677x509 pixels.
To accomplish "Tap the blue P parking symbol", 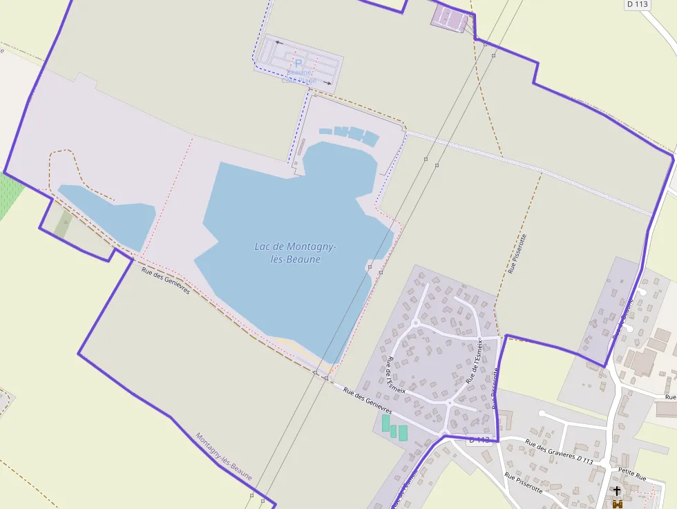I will pos(298,63).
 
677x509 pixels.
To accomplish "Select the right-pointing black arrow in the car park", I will pos(327,84).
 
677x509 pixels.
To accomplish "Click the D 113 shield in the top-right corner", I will pos(638,4).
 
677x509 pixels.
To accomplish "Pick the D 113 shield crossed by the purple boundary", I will pos(479,440).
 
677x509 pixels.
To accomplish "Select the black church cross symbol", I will pos(617,491).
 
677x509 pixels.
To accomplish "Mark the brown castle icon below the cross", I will pos(617,504).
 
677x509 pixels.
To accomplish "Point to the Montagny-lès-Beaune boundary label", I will pos(223,457).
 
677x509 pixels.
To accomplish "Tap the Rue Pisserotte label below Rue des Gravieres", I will pos(523,486).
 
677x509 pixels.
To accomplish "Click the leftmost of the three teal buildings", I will pos(385,423).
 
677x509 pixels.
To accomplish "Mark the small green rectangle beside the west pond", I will pos(63,224).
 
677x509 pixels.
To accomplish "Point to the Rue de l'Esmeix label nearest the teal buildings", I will pos(396,379).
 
